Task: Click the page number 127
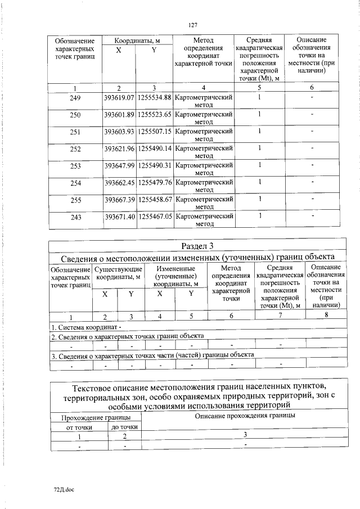192,24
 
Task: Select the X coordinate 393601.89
119,115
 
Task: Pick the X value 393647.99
119,166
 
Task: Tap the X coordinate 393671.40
119,217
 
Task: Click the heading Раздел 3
196,246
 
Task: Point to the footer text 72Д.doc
56,489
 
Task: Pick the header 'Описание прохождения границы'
245,416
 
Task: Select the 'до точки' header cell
125,427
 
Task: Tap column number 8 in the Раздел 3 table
326,316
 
